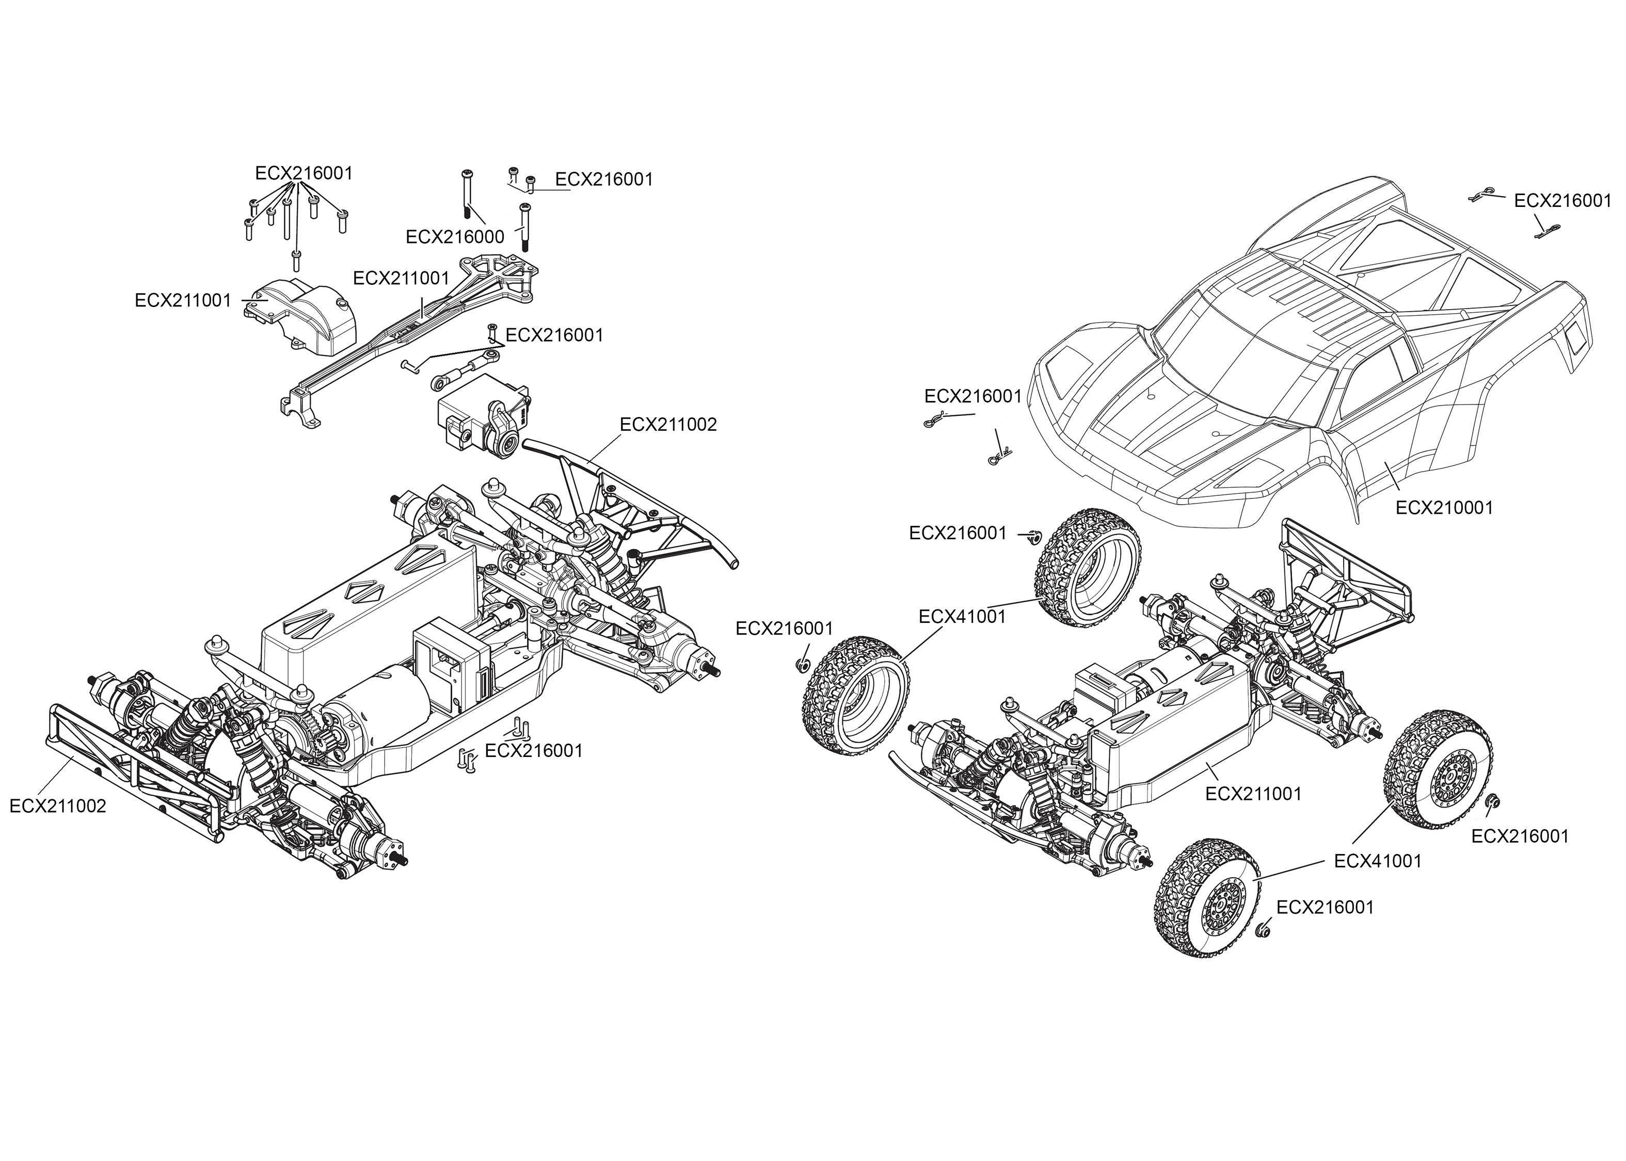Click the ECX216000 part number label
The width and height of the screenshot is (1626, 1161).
[x=455, y=237]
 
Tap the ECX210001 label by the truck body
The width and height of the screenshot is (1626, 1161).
[x=1444, y=508]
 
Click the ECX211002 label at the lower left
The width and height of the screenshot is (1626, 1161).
[x=58, y=807]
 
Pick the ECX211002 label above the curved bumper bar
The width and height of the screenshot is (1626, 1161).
[x=668, y=425]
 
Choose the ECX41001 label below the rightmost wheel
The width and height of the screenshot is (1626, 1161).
[x=1378, y=861]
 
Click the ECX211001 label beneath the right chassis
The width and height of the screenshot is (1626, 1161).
[x=1253, y=794]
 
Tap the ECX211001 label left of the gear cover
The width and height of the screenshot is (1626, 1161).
[x=183, y=301]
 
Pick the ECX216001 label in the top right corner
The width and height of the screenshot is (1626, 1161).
[x=1563, y=201]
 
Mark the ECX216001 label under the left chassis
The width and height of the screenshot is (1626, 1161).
[x=533, y=751]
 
